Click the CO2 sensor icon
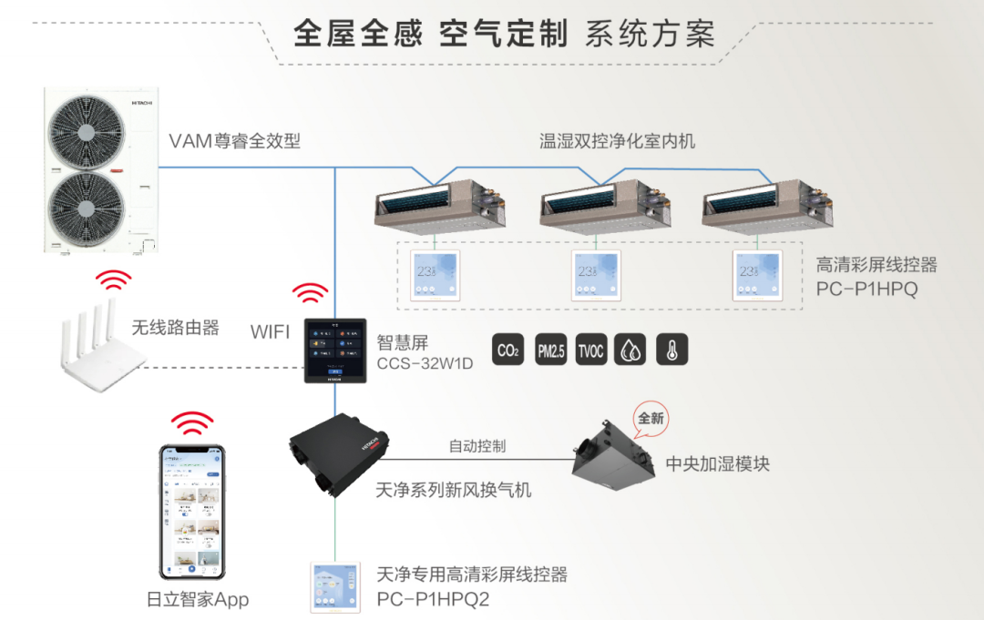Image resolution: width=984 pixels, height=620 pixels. coord(507,351)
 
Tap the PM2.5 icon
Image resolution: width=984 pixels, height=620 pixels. coord(550,351)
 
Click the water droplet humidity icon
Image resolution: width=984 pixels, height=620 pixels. coord(631,351)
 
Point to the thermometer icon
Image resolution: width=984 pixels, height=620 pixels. coord(672,351)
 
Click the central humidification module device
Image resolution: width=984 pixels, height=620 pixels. coord(617,454)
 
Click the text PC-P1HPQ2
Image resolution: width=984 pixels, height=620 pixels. coord(433,599)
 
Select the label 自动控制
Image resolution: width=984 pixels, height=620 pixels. coord(477,446)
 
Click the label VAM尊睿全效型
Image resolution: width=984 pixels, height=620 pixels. coord(234,141)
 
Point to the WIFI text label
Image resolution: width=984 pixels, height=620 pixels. coord(270,332)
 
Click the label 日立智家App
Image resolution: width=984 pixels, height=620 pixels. coord(198,599)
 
